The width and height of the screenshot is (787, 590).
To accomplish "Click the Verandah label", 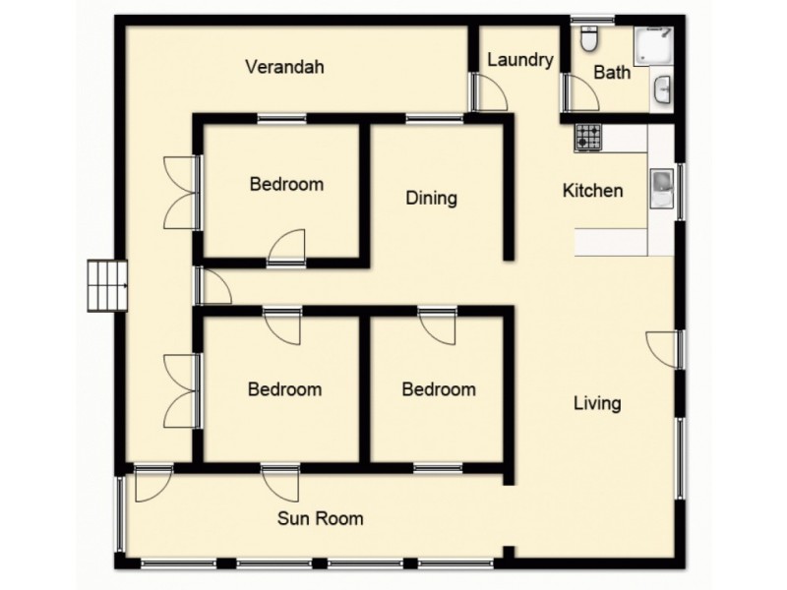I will pos(284,68).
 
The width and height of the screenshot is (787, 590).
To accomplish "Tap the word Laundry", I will pos(520,60).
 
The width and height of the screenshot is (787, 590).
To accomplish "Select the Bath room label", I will pos(612,73).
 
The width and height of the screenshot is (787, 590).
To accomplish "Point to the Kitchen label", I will pos(592,191).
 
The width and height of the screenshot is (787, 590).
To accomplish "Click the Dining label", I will pos(431,199).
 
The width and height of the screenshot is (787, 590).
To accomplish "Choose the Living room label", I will pos(597,403).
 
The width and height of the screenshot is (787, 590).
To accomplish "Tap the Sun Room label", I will pos(320,518).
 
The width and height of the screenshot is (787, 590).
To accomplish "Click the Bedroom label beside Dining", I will pos(286,184).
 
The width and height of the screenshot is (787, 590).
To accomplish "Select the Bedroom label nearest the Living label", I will pos(439,389).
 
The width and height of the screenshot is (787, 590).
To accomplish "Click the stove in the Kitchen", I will pos(588,137).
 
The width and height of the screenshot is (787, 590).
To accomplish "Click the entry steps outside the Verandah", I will pos(107,285).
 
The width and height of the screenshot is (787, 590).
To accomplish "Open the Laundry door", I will pos(488,93).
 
